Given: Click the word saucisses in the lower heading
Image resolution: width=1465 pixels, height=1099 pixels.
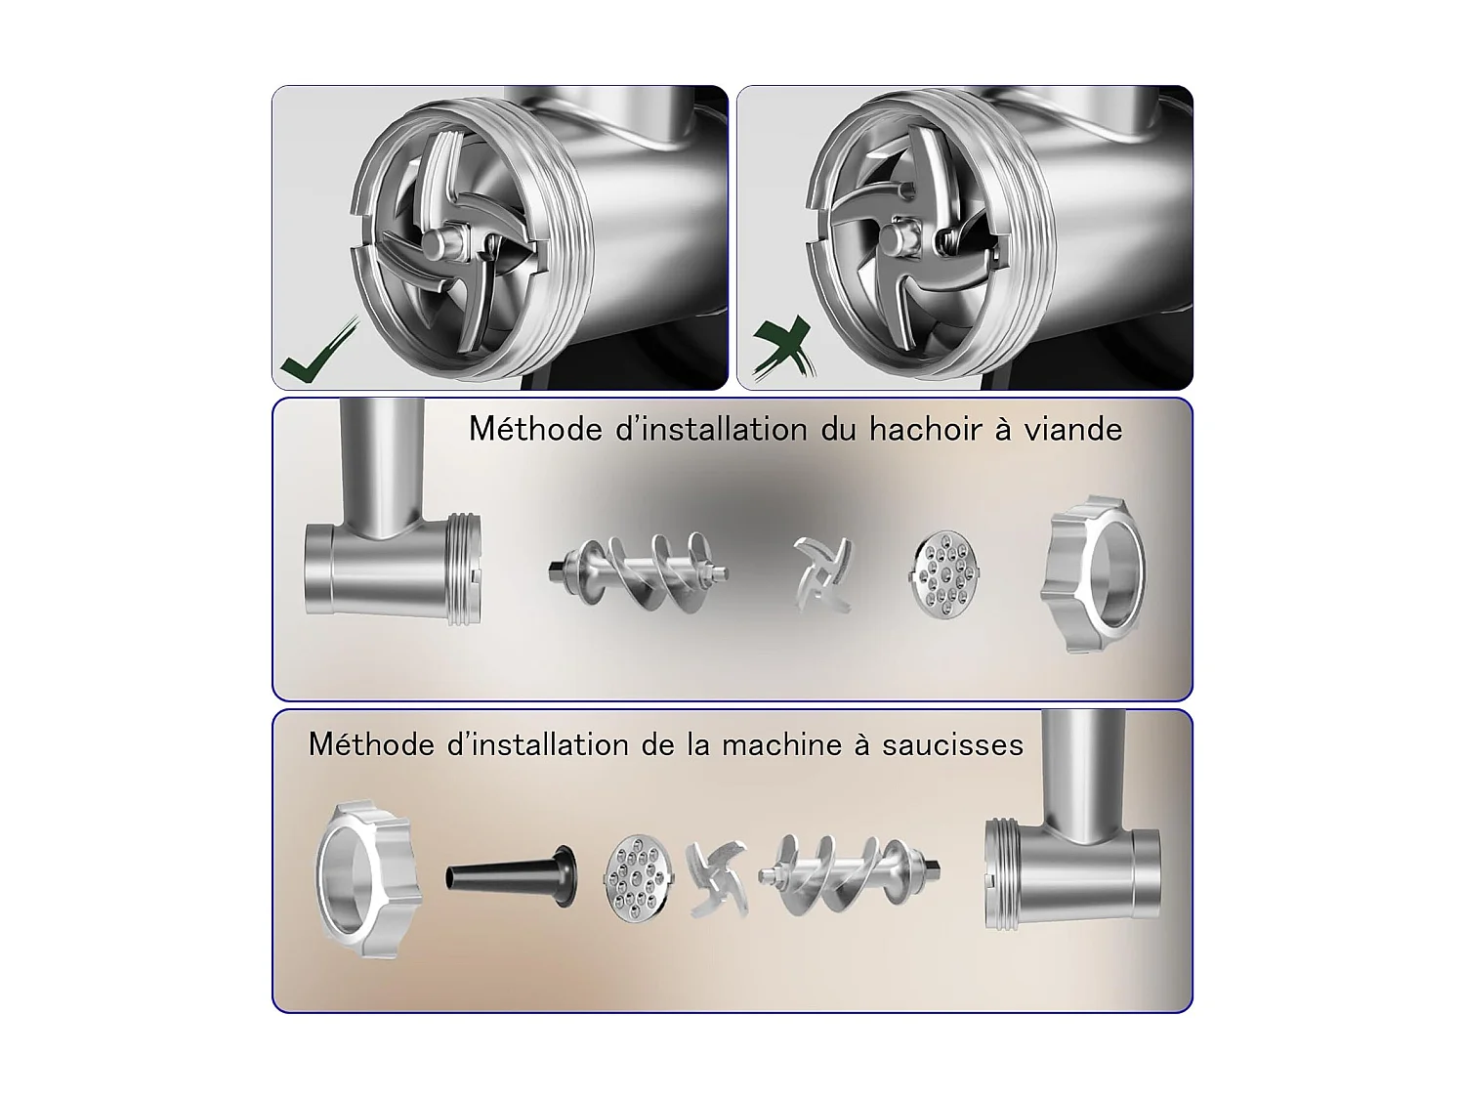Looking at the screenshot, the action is tap(952, 744).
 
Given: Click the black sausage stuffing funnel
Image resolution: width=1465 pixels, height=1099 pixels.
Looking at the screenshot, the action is tap(511, 876).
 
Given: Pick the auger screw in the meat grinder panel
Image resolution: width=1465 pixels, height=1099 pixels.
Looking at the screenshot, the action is tap(638, 572).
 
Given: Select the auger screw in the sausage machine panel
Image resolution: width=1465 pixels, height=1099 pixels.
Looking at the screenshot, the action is tap(850, 874).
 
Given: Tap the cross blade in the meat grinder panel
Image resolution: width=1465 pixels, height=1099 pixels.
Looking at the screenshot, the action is tap(823, 574).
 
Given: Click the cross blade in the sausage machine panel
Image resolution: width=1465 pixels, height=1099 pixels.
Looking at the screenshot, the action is tap(718, 879).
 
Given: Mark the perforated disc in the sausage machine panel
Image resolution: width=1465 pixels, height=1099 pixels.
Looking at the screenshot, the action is tap(639, 877).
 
